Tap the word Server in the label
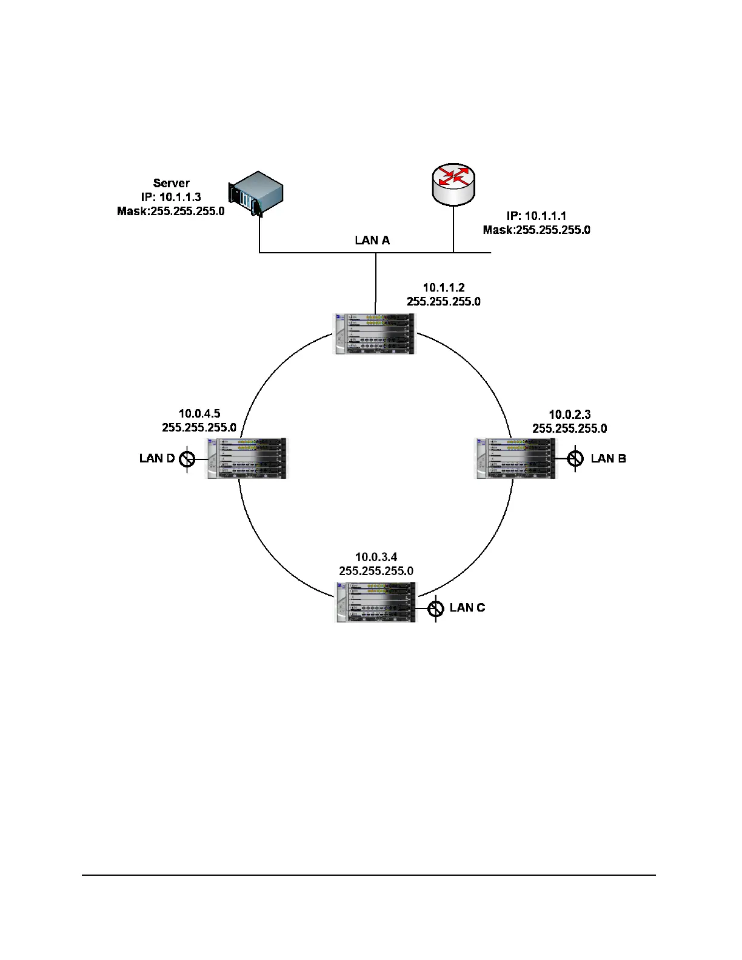(171, 183)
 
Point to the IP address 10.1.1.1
(545, 216)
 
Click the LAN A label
(372, 241)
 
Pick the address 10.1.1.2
(444, 287)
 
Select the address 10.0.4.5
(199, 413)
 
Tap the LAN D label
(157, 458)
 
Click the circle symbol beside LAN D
(187, 459)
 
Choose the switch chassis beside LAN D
(247, 458)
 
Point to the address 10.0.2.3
(569, 415)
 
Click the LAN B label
(608, 458)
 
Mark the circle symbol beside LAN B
(575, 459)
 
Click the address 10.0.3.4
(376, 557)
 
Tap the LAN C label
(467, 608)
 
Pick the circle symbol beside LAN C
(436, 608)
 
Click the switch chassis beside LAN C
(376, 602)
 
